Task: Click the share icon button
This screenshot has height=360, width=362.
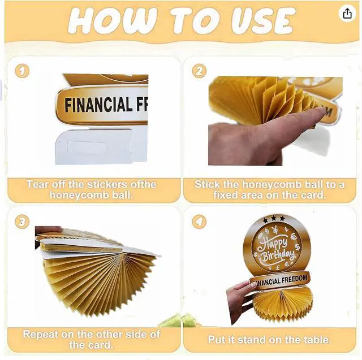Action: click(x=347, y=14)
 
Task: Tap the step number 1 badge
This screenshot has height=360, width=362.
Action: click(x=22, y=71)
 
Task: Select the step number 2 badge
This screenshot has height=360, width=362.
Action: click(x=199, y=71)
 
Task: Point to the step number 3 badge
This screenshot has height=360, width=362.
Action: click(x=22, y=222)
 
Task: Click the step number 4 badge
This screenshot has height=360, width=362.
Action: click(x=199, y=222)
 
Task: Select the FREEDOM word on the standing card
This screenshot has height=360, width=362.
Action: click(x=294, y=279)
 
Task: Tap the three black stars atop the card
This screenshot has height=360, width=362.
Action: click(x=274, y=218)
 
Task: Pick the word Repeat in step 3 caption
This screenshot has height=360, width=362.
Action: click(x=40, y=334)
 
